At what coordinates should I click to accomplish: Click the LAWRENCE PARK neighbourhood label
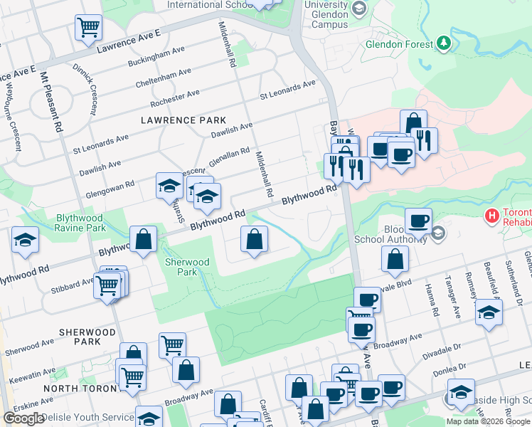[x=183, y=120]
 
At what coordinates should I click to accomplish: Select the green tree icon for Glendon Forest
[x=445, y=43]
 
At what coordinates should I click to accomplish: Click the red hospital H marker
[x=491, y=214]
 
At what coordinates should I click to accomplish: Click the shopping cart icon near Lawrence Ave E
[x=88, y=28]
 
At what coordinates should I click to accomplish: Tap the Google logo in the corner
[x=23, y=418]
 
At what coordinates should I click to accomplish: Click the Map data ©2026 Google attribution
[x=488, y=421]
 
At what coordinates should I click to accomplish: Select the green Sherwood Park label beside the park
[x=187, y=267]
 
